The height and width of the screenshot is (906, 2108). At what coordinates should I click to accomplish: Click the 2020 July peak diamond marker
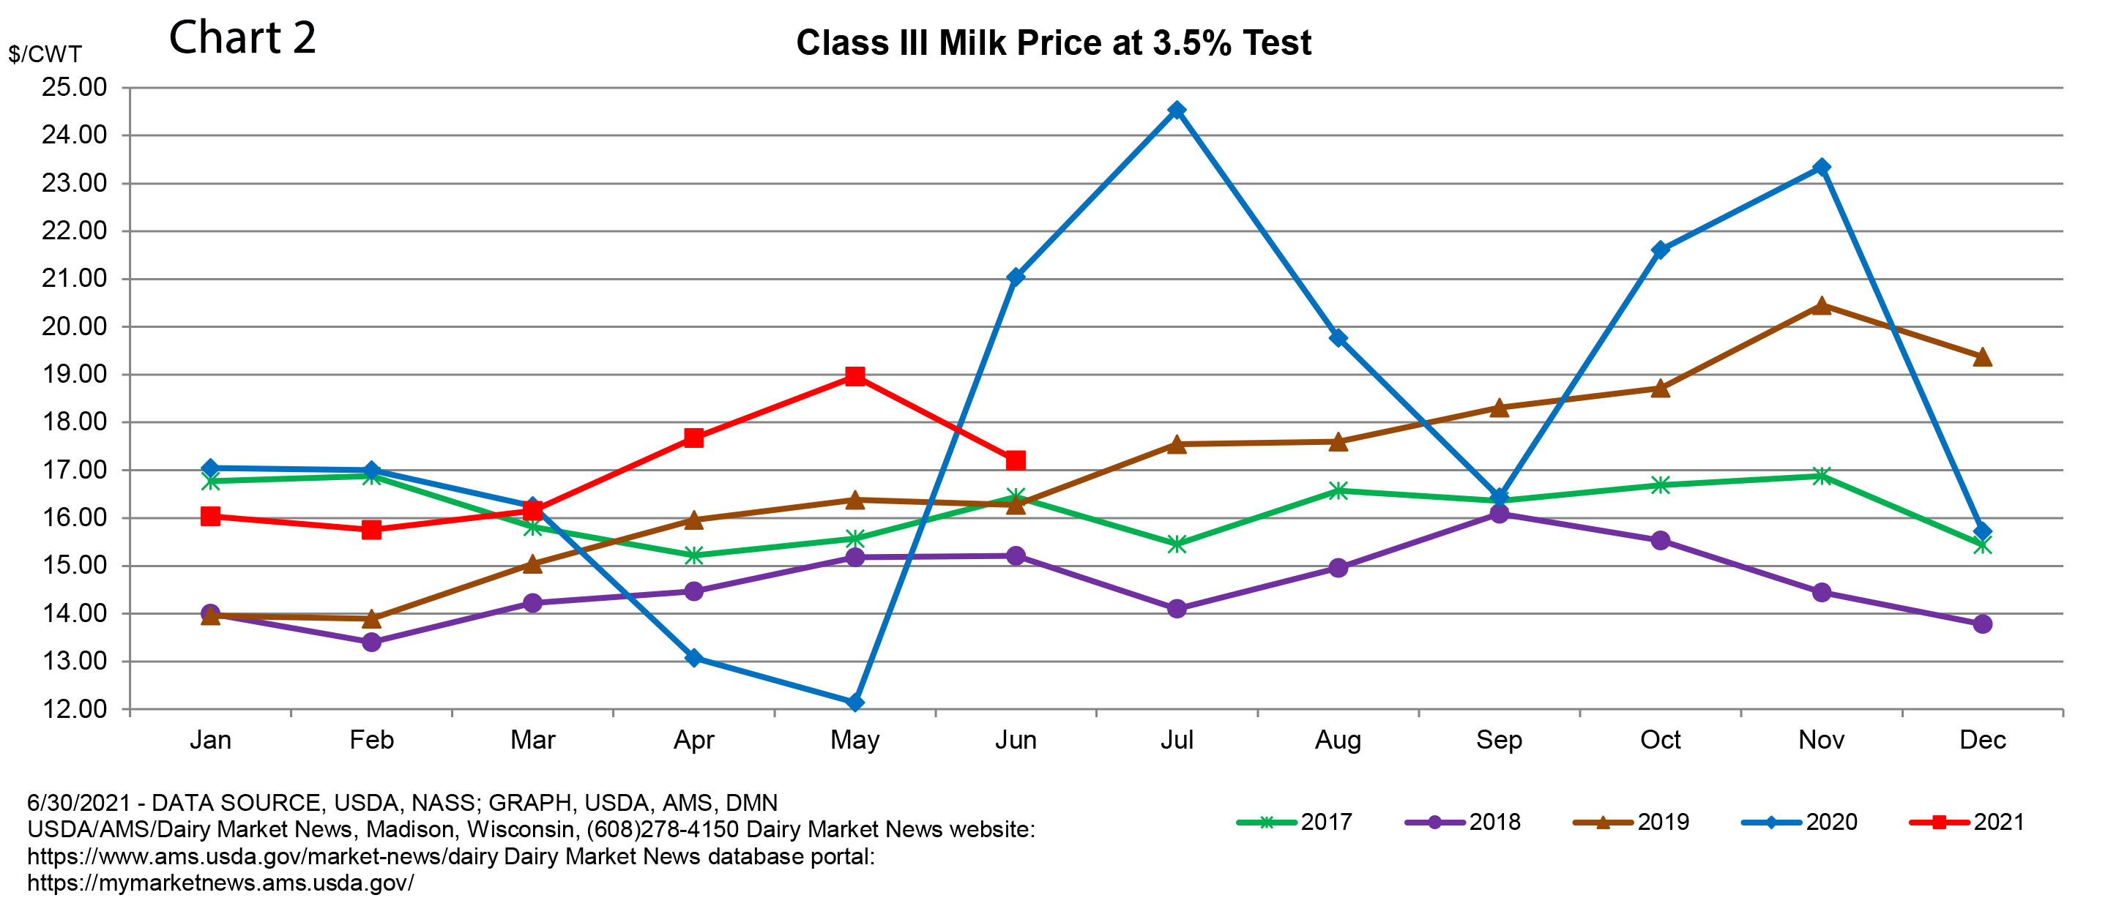pos(1177,111)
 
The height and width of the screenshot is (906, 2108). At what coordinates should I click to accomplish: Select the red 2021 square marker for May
pos(855,376)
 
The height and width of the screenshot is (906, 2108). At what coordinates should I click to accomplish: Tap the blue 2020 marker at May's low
pos(855,703)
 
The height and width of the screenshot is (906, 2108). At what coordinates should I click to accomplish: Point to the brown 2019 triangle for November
pos(1822,306)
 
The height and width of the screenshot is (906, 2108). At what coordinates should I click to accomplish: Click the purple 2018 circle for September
pos(1499,514)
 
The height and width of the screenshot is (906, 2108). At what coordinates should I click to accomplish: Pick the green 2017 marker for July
pos(1177,544)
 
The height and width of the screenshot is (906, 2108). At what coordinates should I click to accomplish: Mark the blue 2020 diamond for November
pos(1822,168)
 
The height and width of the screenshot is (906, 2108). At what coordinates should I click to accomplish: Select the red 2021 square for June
pos(1016,460)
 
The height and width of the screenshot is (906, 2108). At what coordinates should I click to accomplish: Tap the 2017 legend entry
pos(1295,822)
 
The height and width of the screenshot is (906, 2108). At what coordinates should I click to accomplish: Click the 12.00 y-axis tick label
pos(75,709)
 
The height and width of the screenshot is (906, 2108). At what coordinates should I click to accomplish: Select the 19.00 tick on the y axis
pos(75,375)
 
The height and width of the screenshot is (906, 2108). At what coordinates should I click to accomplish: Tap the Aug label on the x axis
pos(1338,740)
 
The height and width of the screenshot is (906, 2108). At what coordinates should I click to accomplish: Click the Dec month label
pos(1982,740)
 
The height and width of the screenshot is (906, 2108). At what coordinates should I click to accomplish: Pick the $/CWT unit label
pos(45,54)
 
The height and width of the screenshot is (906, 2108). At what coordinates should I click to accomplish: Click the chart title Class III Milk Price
pos(1053,42)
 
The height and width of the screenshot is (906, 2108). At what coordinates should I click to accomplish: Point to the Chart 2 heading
pos(242,37)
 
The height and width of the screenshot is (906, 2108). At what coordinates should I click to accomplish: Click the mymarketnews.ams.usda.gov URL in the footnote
pos(220,883)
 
